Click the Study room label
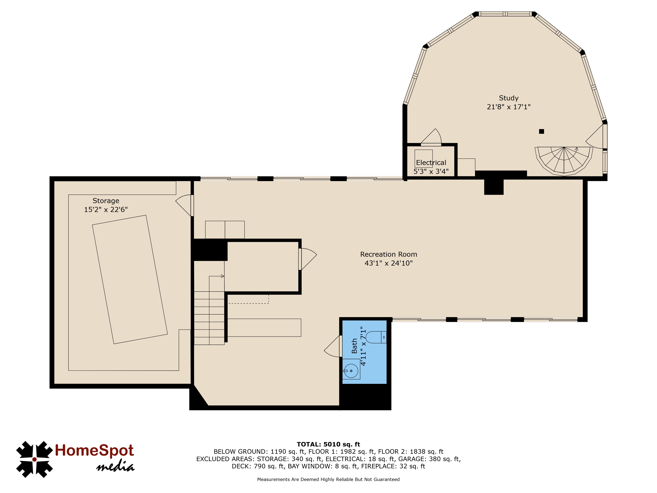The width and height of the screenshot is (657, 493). click(x=509, y=98)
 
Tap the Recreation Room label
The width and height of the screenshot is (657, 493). click(x=388, y=254)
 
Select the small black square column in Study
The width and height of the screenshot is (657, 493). click(x=542, y=131)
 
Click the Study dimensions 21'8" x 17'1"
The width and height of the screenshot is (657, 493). click(x=509, y=107)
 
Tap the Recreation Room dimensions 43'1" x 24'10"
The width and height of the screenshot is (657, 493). click(x=388, y=263)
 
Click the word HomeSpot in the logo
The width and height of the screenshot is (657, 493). click(x=94, y=450)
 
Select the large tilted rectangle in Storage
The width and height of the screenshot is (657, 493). click(x=130, y=280)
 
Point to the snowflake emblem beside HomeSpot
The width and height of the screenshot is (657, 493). click(x=34, y=459)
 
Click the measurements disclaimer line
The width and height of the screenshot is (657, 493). click(x=328, y=479)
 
